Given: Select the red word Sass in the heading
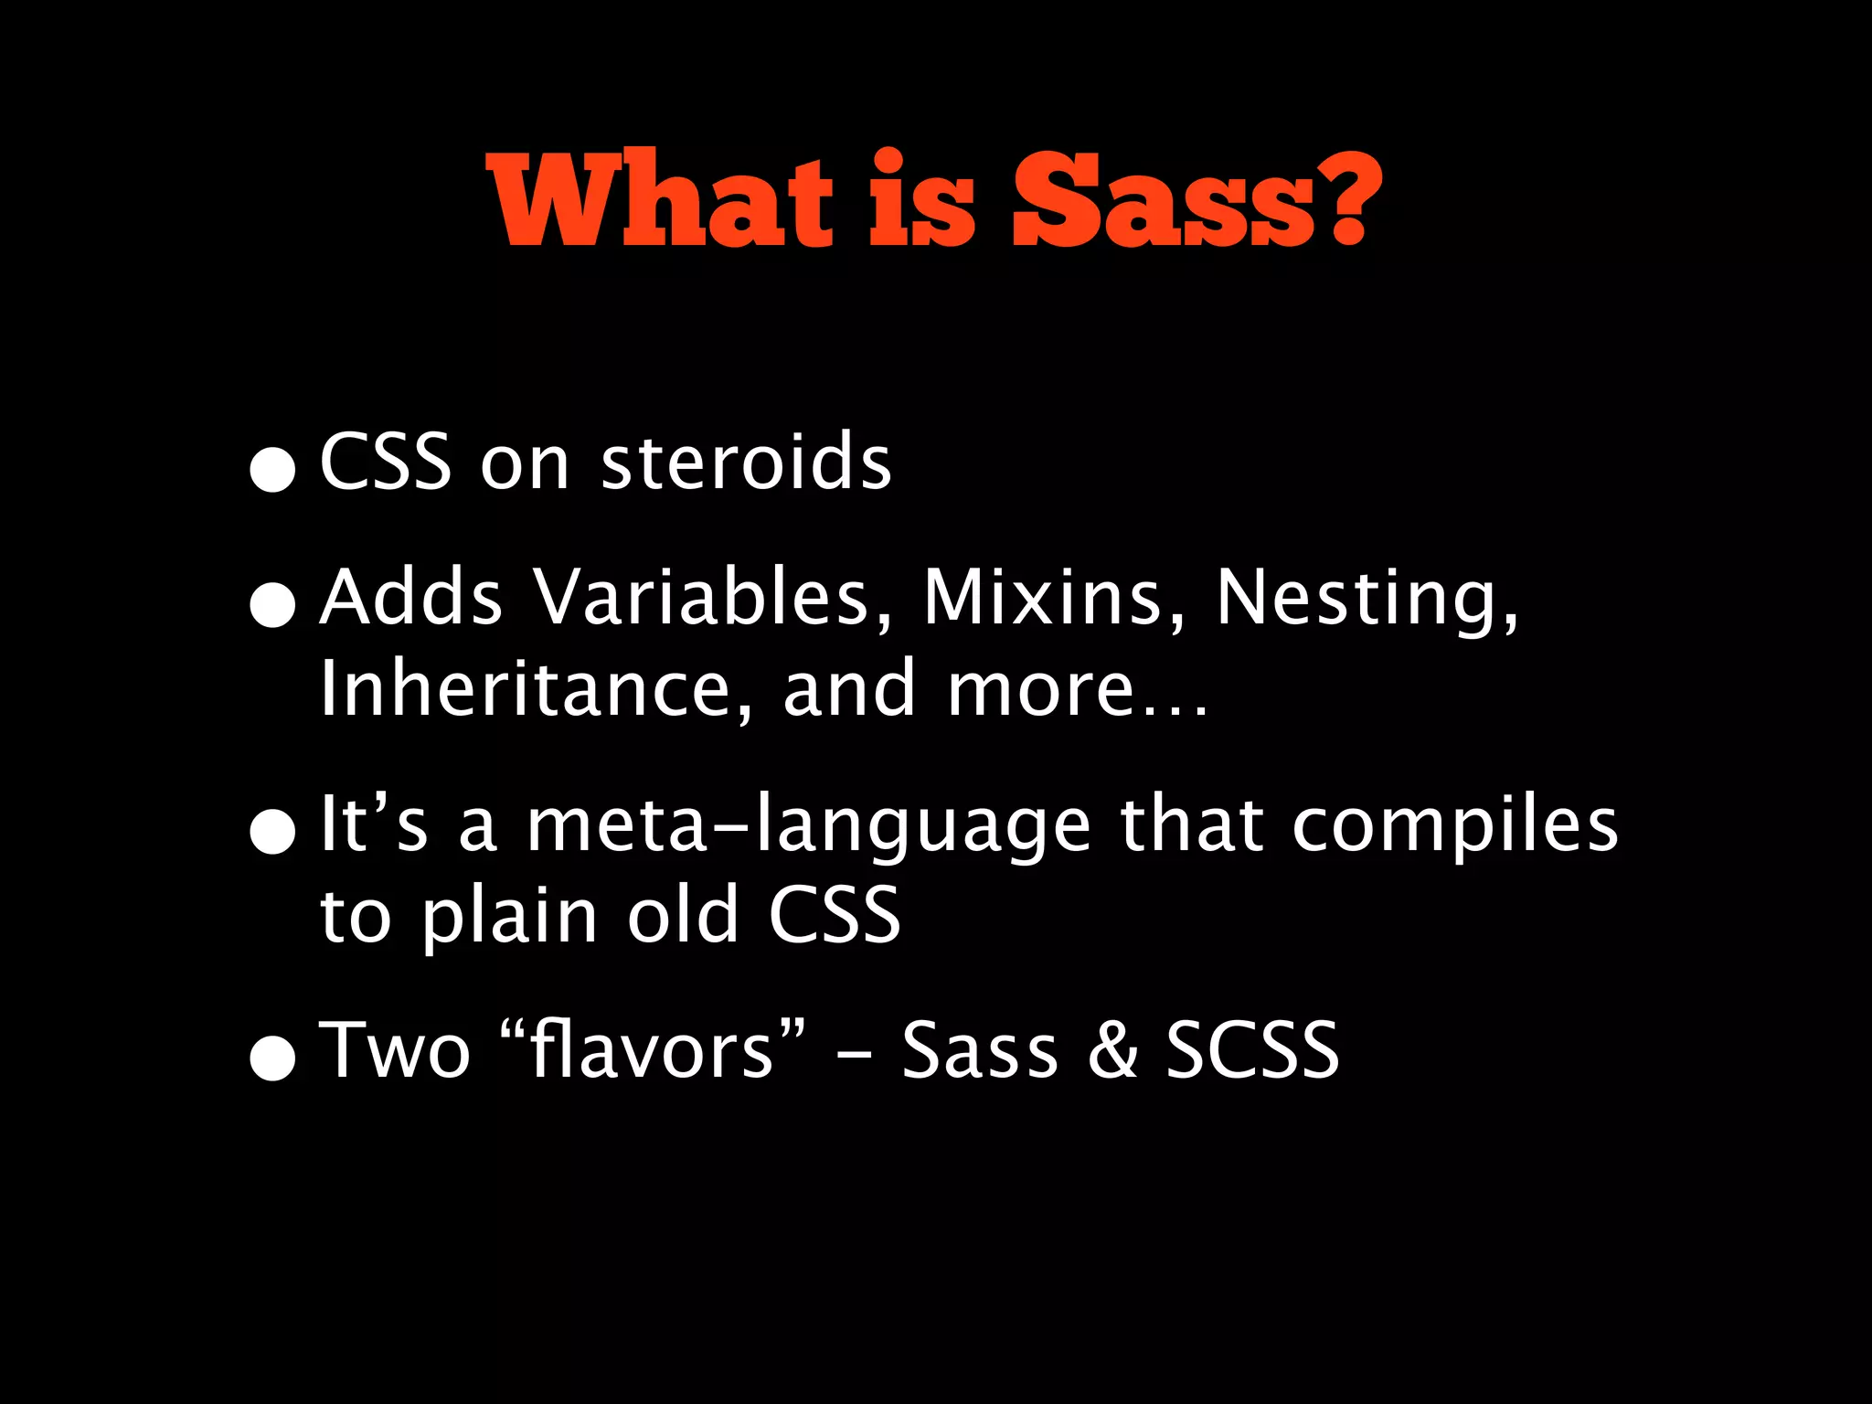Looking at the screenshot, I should [1163, 200].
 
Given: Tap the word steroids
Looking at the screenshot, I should [745, 462].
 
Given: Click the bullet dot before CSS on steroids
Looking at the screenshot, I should [273, 469].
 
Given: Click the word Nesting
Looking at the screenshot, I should [1366, 599].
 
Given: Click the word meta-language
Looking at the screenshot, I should [808, 826].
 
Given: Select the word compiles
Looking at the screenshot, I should [1455, 826].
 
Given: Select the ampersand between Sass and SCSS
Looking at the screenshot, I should [1112, 1050].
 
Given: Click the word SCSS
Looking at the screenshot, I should [1251, 1050].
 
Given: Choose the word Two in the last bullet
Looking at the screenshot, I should [394, 1050].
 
